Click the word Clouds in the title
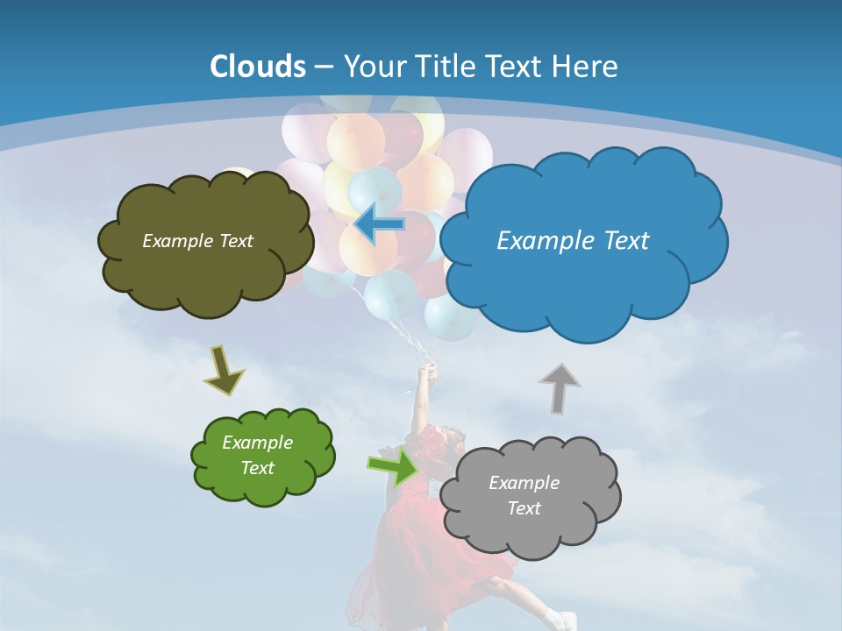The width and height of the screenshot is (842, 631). pyautogui.click(x=258, y=67)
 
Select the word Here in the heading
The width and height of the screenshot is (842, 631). pyautogui.click(x=588, y=67)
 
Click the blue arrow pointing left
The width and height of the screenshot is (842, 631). pyautogui.click(x=378, y=223)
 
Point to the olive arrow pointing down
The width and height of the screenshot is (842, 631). pyautogui.click(x=224, y=370)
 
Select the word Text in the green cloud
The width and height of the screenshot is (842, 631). pyautogui.click(x=258, y=468)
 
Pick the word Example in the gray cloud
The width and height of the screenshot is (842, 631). pyautogui.click(x=524, y=483)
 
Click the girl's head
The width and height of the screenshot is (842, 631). pyautogui.click(x=453, y=436)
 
